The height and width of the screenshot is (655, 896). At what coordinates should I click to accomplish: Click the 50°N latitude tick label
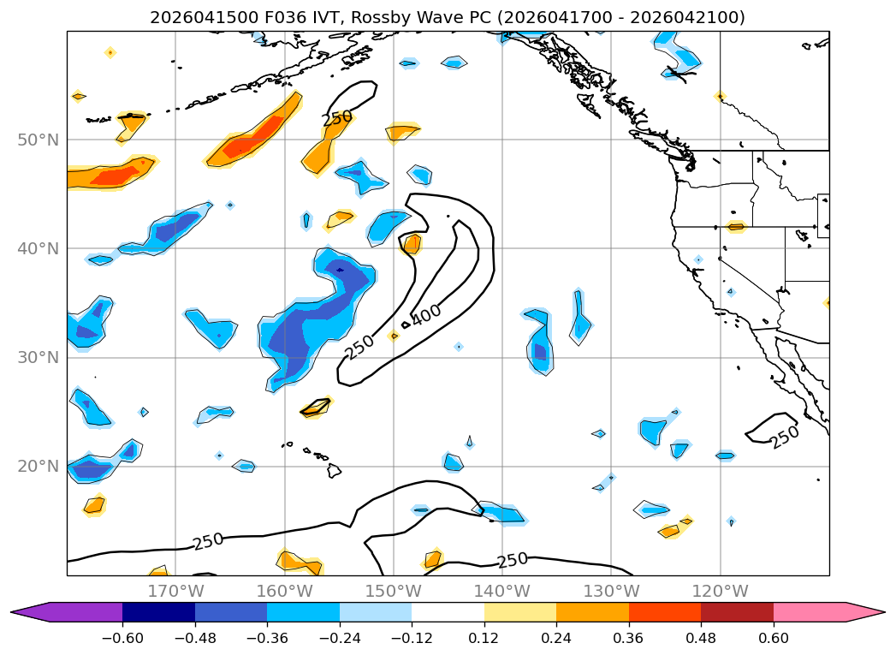click(x=39, y=140)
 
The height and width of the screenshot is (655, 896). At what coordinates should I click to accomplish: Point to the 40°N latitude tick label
click(x=39, y=248)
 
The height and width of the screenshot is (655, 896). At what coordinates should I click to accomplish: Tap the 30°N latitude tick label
click(x=39, y=358)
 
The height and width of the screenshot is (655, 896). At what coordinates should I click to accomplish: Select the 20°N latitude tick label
click(x=39, y=467)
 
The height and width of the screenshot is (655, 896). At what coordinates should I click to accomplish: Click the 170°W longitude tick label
click(x=175, y=591)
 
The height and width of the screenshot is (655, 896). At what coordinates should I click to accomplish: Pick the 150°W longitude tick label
click(x=393, y=591)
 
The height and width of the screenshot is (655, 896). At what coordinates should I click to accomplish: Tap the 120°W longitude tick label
click(x=720, y=591)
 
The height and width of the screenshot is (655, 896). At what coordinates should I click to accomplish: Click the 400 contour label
click(x=426, y=315)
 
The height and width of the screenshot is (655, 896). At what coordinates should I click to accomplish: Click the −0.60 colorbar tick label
click(x=122, y=639)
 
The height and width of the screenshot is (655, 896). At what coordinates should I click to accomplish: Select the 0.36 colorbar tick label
click(x=629, y=639)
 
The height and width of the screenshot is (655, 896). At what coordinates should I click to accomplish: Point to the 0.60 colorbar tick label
click(x=773, y=639)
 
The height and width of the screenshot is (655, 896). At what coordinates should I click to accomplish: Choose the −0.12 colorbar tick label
click(x=412, y=639)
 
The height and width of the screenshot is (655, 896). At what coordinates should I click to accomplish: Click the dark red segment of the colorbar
click(x=737, y=612)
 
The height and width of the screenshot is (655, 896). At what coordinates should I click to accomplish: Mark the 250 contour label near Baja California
click(x=785, y=438)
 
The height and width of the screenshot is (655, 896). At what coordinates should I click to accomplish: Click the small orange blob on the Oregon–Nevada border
click(x=736, y=227)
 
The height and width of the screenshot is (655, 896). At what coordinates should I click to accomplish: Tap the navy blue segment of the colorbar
click(x=159, y=612)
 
